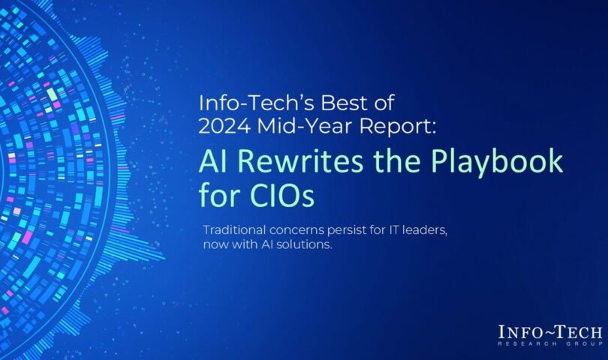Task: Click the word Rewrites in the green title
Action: (x=300, y=161)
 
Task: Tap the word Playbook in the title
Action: (x=497, y=163)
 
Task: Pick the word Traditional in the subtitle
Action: (x=235, y=229)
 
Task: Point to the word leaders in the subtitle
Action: (x=425, y=230)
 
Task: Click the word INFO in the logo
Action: (x=518, y=333)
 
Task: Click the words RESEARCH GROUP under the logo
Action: (x=551, y=343)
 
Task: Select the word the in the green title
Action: (x=397, y=161)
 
